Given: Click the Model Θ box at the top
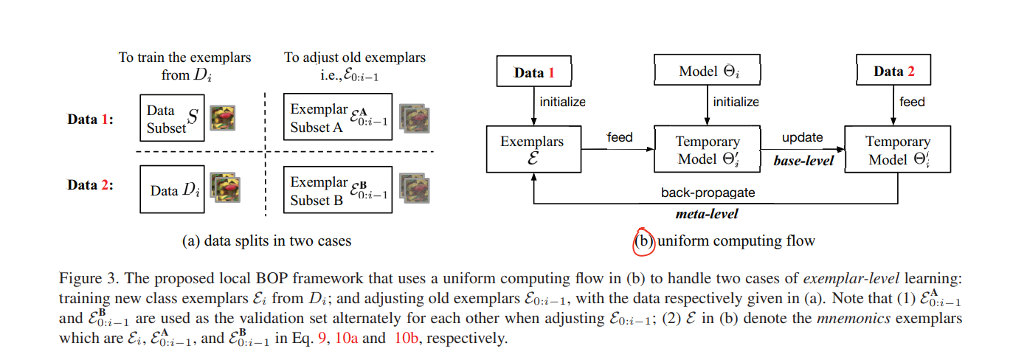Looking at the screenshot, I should [x=708, y=72].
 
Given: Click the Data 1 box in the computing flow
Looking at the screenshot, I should [x=533, y=72].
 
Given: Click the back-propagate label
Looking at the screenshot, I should [x=708, y=193].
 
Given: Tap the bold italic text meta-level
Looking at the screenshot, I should [x=708, y=214].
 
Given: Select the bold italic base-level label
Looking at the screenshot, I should [x=803, y=160].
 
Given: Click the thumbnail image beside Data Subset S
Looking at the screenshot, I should [x=222, y=118].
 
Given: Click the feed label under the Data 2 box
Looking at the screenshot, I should [x=912, y=102].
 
